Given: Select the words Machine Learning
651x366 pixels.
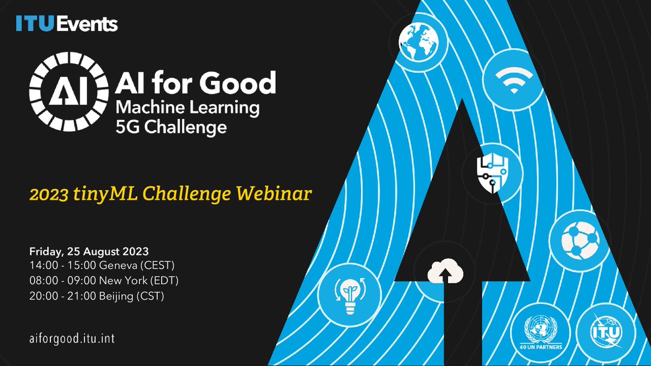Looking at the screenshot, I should click(187, 107).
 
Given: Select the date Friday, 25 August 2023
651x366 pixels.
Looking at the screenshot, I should click(89, 252).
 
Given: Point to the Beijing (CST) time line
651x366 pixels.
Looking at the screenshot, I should click(97, 296).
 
